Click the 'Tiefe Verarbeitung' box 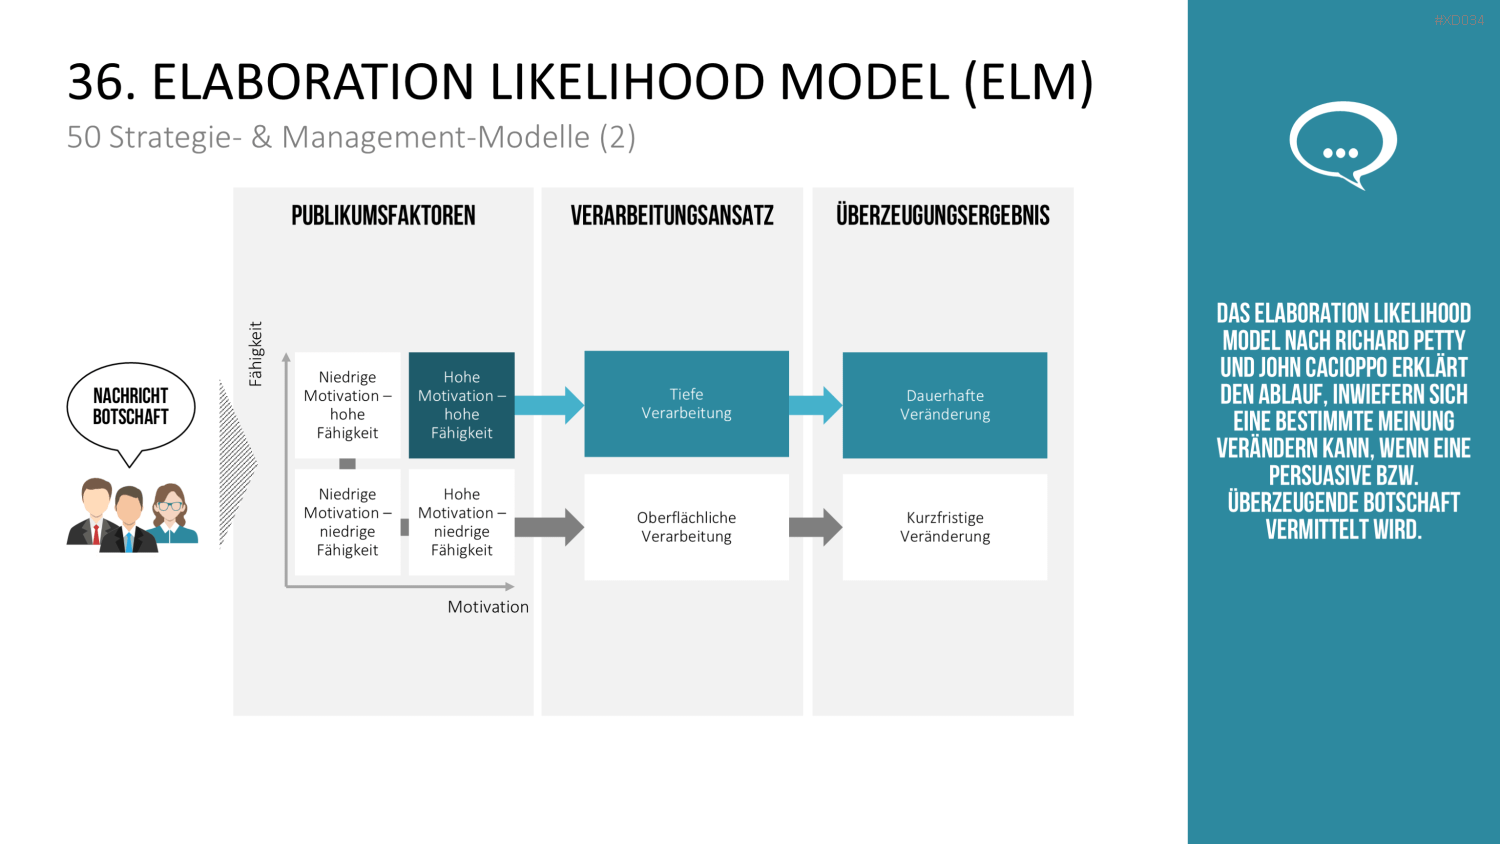686,404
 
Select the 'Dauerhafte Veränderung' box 945,405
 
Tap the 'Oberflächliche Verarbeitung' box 686,527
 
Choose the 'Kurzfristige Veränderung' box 945,527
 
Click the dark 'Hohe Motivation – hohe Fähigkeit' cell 461,405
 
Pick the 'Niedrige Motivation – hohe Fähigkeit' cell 348,405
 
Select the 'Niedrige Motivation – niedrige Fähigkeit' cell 348,522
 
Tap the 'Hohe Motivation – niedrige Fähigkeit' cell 461,522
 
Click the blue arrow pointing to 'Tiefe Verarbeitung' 549,405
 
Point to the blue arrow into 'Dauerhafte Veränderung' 816,405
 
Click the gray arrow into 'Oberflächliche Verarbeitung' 549,527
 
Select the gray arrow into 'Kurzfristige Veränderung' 816,527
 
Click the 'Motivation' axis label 488,607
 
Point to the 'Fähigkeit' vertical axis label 255,354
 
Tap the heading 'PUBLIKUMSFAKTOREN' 383,216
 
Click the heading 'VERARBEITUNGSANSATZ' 672,216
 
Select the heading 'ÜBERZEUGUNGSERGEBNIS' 943,215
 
